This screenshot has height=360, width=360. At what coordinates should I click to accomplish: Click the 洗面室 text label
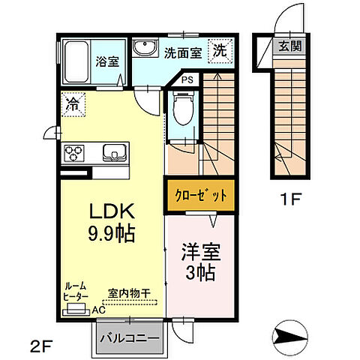tap(182, 52)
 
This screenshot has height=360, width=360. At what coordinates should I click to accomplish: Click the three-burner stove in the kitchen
tap(76, 153)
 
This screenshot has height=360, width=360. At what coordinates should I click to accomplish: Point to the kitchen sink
tap(115, 153)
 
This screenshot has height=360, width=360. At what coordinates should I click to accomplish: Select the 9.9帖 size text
tap(111, 233)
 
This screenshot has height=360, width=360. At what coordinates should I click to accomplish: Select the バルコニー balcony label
tap(129, 337)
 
